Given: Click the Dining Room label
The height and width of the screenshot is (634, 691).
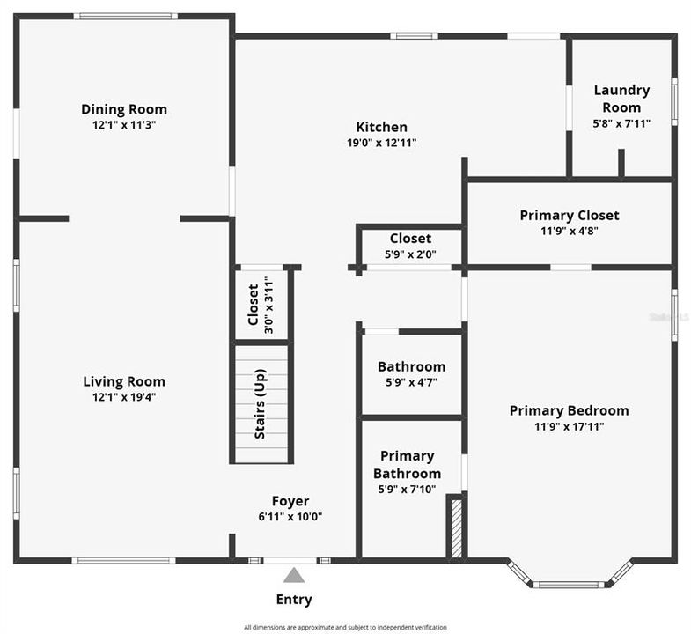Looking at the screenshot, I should pyautogui.click(x=124, y=109).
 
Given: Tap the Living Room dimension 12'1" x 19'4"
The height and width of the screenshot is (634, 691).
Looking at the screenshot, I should pyautogui.click(x=124, y=396).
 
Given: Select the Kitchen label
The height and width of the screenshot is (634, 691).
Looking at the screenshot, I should pyautogui.click(x=381, y=127).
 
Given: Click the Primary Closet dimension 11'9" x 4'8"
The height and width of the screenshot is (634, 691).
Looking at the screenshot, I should pyautogui.click(x=570, y=231).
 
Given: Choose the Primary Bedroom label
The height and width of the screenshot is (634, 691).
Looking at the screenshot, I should pyautogui.click(x=569, y=410).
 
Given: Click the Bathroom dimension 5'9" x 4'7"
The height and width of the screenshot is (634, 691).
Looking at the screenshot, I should pyautogui.click(x=411, y=382).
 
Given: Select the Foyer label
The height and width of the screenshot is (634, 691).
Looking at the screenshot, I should pyautogui.click(x=290, y=501).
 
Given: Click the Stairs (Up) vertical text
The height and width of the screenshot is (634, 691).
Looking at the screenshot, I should pyautogui.click(x=260, y=404).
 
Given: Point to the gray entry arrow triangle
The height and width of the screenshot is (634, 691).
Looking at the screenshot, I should pyautogui.click(x=293, y=575).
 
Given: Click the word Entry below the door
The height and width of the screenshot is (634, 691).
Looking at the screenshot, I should pyautogui.click(x=294, y=600).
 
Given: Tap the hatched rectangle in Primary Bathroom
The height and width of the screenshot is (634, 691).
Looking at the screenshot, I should pyautogui.click(x=456, y=527).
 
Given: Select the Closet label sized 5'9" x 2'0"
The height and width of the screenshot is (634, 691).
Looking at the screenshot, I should pyautogui.click(x=410, y=239).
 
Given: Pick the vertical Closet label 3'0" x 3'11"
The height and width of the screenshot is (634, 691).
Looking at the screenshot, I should pyautogui.click(x=254, y=304).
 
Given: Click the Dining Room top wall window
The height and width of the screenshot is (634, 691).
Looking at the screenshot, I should pyautogui.click(x=124, y=16).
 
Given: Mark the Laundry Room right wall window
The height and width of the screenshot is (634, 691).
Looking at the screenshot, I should pyautogui.click(x=674, y=100).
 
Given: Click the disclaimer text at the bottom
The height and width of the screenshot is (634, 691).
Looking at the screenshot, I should pyautogui.click(x=345, y=627).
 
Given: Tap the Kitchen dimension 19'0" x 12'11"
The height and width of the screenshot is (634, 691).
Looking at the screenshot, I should pyautogui.click(x=381, y=143).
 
